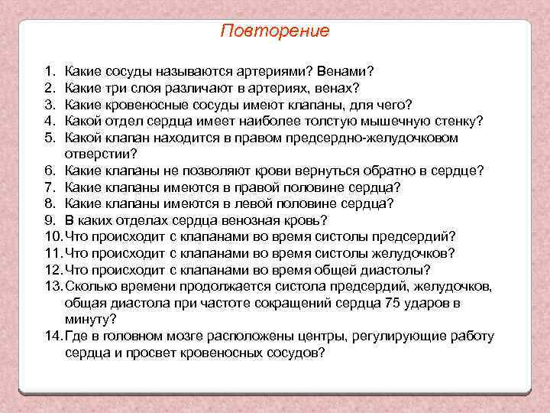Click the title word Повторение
[275, 31]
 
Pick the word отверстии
[99, 154]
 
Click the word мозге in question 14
[180, 337]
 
